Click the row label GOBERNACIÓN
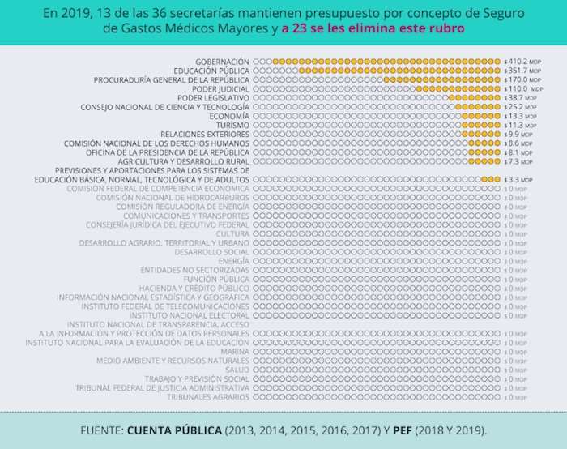(x=222, y=62)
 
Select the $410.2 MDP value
(x=516, y=62)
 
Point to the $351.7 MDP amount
(x=516, y=71)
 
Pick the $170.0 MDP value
(x=516, y=80)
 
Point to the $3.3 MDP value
(x=514, y=179)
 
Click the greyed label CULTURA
(x=232, y=233)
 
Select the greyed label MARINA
(x=234, y=352)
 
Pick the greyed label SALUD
(x=237, y=370)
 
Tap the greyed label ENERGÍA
(x=233, y=261)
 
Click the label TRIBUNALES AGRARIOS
(x=208, y=397)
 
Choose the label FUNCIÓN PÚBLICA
(x=216, y=279)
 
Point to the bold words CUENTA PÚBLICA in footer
(x=174, y=429)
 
